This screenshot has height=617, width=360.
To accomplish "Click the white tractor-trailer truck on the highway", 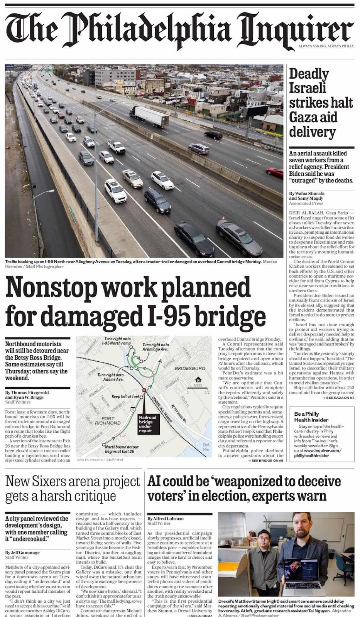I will click(149, 116).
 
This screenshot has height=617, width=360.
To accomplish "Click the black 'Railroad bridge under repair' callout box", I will click(148, 423).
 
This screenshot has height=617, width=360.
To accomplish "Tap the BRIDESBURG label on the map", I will click(190, 368).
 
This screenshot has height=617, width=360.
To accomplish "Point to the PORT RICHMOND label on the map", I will click(108, 420).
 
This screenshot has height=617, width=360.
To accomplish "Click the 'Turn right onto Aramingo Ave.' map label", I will click(155, 347).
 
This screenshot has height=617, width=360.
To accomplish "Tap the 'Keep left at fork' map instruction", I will click(125, 396).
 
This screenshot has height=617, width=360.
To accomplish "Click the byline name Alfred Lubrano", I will click(168, 518).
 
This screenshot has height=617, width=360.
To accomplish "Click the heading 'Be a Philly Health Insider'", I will click(311, 416).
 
